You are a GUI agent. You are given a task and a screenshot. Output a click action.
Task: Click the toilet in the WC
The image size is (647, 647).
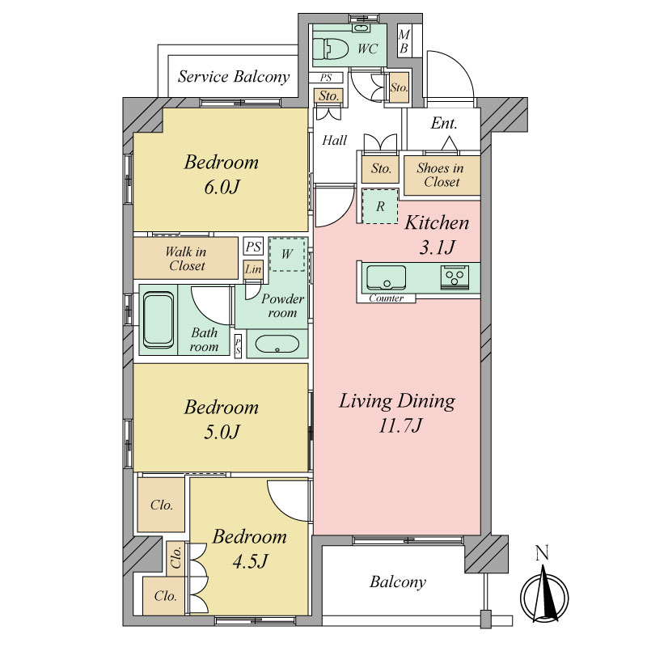pos(331,49)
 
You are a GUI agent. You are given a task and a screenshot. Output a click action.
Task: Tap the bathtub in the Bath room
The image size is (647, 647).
pos(158,319)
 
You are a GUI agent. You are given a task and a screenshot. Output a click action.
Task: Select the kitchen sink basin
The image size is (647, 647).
pos(386,277)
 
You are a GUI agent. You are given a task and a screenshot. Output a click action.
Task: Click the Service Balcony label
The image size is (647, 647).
pos(234,77)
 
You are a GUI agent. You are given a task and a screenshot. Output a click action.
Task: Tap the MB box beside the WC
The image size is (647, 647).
pos(404,41)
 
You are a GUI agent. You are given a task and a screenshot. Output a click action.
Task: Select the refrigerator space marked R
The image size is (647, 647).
pos(380,206)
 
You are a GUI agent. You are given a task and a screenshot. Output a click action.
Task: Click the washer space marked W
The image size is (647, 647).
pos(287,254)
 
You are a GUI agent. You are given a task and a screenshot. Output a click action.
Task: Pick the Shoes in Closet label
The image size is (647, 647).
pos(440,175)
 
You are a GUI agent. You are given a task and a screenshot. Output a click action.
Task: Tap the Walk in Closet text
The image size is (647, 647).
pos(186,259)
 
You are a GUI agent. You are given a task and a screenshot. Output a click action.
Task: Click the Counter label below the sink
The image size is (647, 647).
pos(387,298)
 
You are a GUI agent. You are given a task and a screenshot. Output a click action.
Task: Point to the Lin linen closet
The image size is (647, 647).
pos(253,269)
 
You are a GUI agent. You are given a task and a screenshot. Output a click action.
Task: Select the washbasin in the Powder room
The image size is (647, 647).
pos(277,344)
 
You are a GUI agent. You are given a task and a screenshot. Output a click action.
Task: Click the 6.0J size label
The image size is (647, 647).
pos(222,188)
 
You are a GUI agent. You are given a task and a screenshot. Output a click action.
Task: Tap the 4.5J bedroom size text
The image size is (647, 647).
pos(251,561)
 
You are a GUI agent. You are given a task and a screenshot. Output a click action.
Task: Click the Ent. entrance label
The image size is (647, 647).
pos(444,124)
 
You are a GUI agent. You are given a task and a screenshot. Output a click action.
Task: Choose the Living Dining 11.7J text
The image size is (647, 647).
pos(397,413)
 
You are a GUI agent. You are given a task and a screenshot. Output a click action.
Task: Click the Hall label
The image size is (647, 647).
pos(335,140)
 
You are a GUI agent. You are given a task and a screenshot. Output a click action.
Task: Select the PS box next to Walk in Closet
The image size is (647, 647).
pos(253,247)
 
